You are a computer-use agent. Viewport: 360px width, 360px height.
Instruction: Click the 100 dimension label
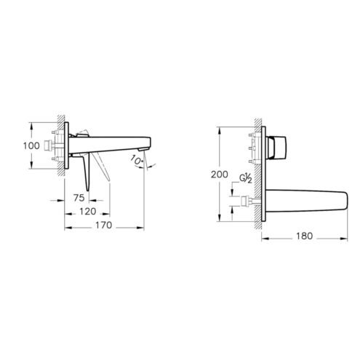tap(31, 145)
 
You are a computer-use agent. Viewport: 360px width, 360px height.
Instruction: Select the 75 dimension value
tap(79, 198)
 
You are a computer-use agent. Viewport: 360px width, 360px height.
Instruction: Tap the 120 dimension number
tap(88, 212)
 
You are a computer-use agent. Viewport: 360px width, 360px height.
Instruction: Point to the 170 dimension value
tap(103, 225)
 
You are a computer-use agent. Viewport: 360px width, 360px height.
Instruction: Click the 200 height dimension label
tap(220, 175)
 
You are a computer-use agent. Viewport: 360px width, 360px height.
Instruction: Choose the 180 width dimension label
tap(305, 236)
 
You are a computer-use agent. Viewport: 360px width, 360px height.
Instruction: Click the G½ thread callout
tap(246, 178)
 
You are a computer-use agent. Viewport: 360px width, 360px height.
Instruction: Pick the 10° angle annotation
tap(136, 161)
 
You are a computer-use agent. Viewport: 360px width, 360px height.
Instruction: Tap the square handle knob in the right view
tap(276, 147)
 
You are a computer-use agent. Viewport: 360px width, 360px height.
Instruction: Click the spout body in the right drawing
tap(308, 201)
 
